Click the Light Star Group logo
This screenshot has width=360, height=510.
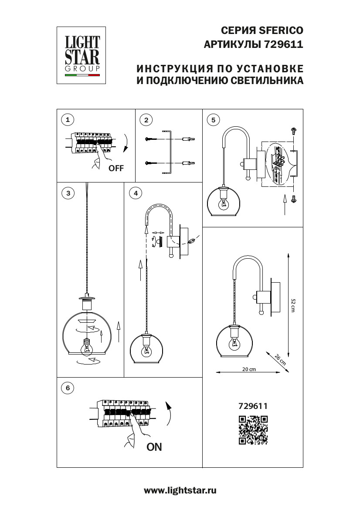pyautogui.click(x=82, y=55)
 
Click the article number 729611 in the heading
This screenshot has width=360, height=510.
pyautogui.click(x=283, y=44)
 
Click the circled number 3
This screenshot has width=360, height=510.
pyautogui.click(x=67, y=193)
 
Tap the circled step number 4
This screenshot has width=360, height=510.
pyautogui.click(x=136, y=193)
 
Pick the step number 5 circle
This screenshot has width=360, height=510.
pyautogui.click(x=213, y=119)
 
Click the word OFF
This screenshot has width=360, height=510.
pyautogui.click(x=116, y=169)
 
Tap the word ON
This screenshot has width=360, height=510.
pyautogui.click(x=154, y=447)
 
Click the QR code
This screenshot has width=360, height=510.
pyautogui.click(x=253, y=430)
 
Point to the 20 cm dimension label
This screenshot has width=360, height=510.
pyautogui.click(x=249, y=369)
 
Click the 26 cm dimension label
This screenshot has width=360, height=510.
pyautogui.click(x=280, y=359)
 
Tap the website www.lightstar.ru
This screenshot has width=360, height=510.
pyautogui.click(x=180, y=491)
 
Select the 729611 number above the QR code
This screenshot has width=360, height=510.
pyautogui.click(x=253, y=405)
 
